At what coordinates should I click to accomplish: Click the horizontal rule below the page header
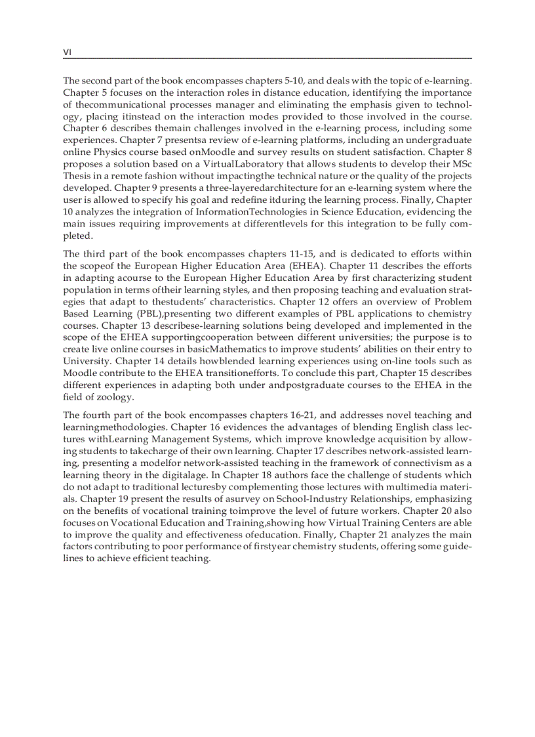click(267, 59)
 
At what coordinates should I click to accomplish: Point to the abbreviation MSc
click(460, 164)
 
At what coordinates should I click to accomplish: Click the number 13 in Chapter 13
click(107, 325)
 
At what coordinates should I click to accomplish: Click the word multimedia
click(406, 486)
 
